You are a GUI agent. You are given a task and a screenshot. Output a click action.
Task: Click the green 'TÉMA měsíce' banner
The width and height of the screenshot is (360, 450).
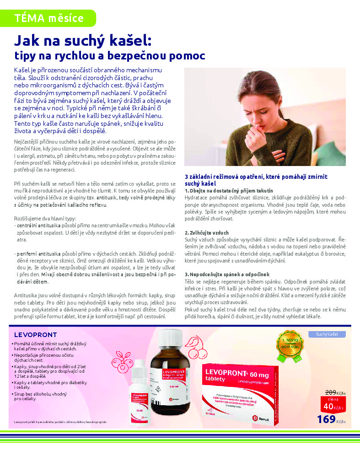[x=48, y=18]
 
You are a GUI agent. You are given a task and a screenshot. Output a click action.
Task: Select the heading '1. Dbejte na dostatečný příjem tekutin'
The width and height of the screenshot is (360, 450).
[x=229, y=190]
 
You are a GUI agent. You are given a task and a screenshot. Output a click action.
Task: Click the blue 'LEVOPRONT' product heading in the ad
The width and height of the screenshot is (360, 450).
[x=36, y=334]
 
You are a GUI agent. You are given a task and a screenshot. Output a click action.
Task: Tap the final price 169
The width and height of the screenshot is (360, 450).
[x=326, y=419]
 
